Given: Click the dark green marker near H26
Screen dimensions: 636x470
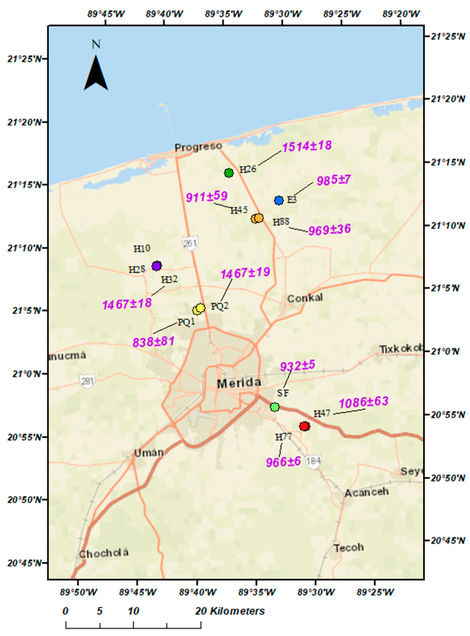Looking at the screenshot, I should [x=229, y=173].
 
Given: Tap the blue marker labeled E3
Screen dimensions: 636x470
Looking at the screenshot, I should [x=279, y=200].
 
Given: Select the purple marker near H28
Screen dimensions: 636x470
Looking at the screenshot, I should [x=157, y=266].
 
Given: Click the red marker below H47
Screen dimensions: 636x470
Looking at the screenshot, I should [x=305, y=426].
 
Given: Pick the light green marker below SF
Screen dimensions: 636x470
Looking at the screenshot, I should [x=274, y=407].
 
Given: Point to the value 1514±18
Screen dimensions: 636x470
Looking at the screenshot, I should [x=307, y=146].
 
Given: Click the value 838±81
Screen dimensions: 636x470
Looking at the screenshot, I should [x=153, y=341].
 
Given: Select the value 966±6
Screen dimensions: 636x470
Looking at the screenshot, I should [x=283, y=462].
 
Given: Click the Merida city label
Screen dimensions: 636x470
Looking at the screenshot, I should [x=239, y=383].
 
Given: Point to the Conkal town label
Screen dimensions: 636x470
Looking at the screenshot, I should [x=305, y=298].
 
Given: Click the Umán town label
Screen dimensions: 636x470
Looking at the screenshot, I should [x=149, y=452].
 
